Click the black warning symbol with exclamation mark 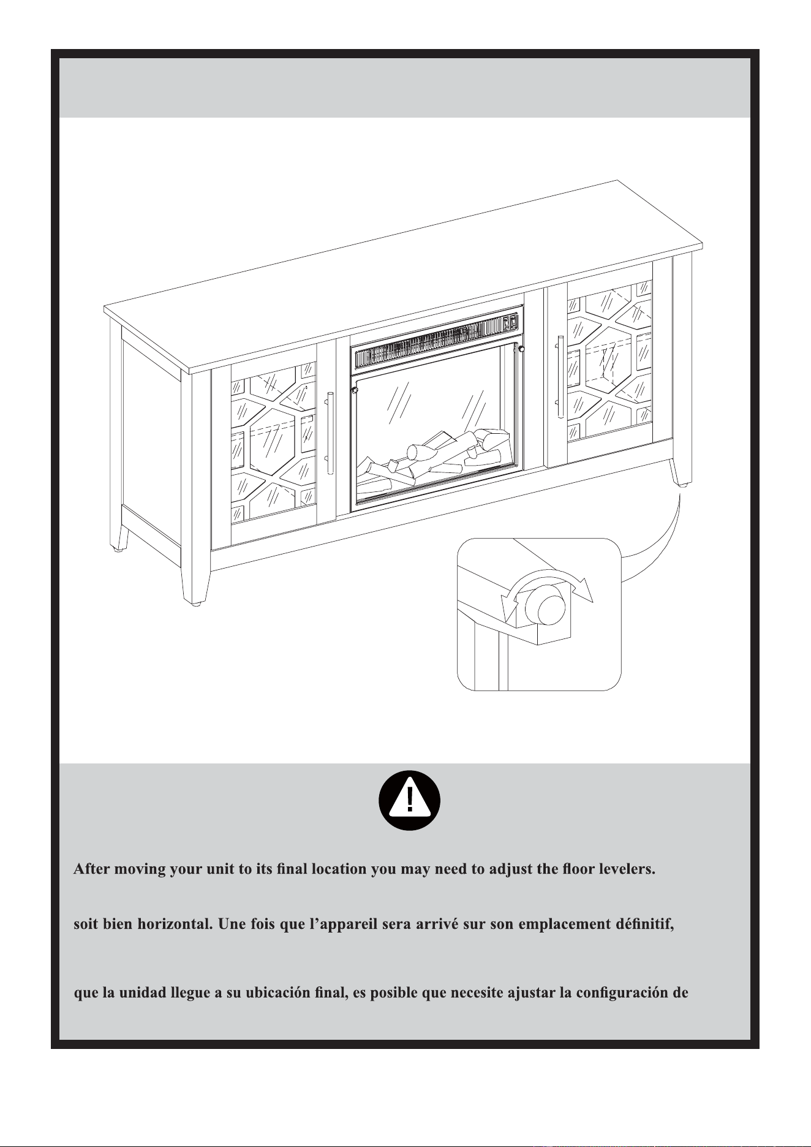point(410,800)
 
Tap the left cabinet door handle point(331,432)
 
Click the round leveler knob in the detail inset point(549,609)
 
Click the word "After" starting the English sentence point(92,869)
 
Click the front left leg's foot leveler point(197,604)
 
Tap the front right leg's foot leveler point(682,484)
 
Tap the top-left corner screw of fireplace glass point(354,390)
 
